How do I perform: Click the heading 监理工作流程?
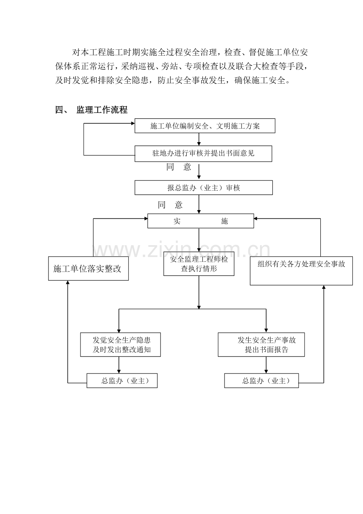(x=102, y=110)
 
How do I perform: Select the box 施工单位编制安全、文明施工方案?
(x=205, y=126)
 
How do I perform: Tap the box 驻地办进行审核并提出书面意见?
(x=203, y=154)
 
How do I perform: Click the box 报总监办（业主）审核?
(x=204, y=188)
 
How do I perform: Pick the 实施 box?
(x=200, y=221)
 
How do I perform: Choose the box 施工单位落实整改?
(x=88, y=269)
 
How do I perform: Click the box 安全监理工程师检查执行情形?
(x=199, y=264)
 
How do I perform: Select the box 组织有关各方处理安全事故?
(x=301, y=270)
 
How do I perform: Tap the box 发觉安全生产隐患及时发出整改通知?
(x=121, y=345)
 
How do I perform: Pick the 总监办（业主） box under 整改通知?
(x=122, y=381)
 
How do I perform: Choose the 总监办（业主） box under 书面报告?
(x=262, y=381)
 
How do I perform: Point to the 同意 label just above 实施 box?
(x=170, y=205)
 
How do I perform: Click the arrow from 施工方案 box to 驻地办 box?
(x=199, y=139)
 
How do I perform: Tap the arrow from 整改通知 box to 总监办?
(x=118, y=365)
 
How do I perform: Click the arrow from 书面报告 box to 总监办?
(x=266, y=365)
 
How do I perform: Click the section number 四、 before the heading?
(x=62, y=110)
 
